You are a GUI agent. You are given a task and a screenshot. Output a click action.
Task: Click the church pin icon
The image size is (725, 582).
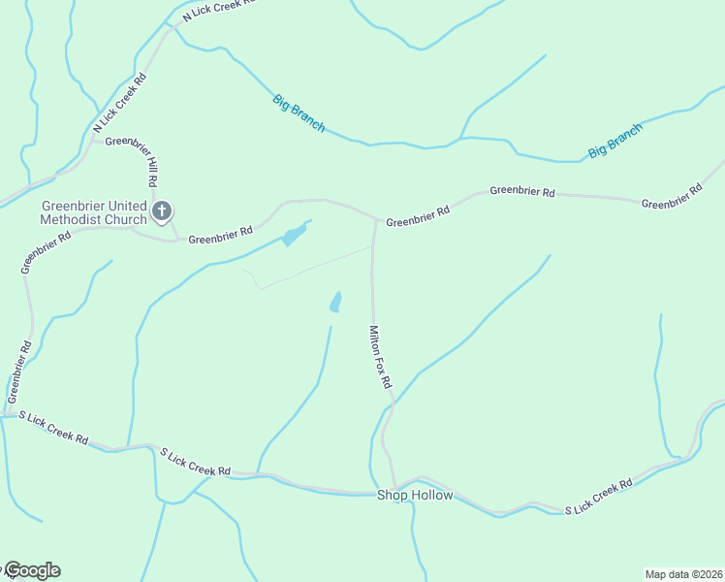click(162, 210)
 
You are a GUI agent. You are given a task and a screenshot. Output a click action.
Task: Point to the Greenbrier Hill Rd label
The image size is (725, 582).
click(151, 162)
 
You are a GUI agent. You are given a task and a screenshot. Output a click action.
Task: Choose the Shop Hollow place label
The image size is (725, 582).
click(414, 496)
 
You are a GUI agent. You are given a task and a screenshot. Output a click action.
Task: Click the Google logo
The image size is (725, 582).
click(32, 570)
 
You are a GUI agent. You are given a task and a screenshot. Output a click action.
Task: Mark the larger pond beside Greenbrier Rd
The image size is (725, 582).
click(294, 235)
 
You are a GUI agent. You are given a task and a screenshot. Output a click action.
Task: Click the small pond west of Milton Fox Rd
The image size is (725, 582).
click(335, 303)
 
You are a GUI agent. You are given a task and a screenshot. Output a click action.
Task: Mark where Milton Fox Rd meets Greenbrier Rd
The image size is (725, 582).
click(376, 219)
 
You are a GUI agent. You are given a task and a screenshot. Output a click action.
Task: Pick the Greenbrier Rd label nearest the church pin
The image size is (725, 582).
click(220, 235)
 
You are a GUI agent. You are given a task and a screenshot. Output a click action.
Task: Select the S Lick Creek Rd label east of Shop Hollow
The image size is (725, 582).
click(599, 495)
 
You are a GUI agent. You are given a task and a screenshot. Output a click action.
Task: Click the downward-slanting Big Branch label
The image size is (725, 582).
click(299, 113)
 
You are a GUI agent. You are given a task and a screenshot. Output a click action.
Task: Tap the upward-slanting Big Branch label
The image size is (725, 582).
click(615, 141)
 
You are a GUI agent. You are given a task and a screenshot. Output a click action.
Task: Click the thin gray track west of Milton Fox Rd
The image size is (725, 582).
click(310, 268)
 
